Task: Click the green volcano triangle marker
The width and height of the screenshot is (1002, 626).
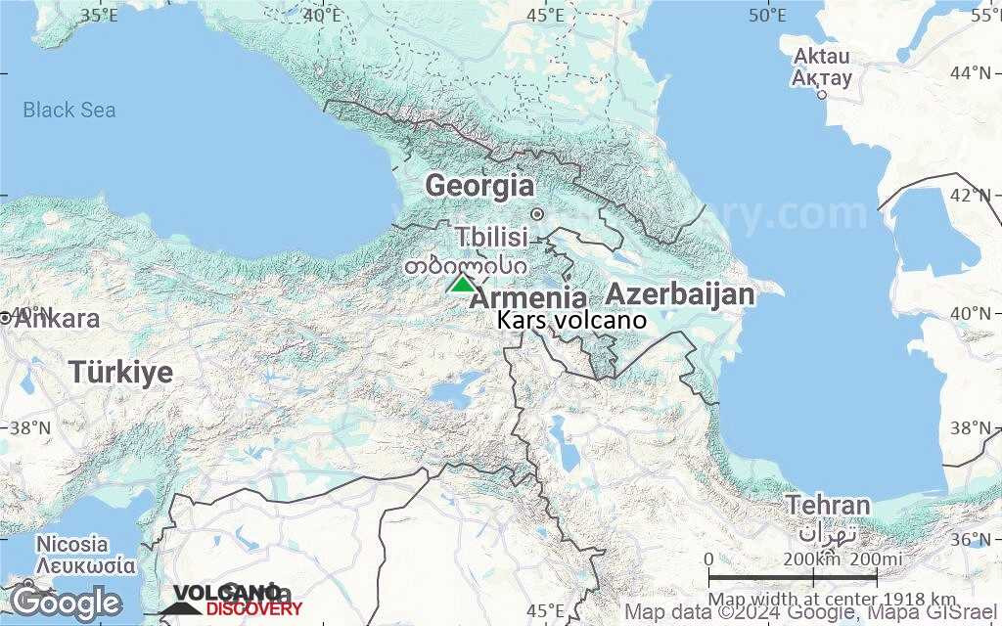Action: (461, 284)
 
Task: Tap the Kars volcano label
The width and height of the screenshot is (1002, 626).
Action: (571, 320)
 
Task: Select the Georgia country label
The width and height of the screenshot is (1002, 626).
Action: (479, 185)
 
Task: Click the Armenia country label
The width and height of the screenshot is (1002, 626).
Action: (529, 298)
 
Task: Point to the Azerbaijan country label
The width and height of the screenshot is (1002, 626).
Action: (680, 293)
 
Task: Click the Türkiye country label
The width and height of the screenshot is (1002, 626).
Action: (121, 372)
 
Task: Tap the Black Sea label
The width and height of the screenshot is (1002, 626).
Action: (69, 110)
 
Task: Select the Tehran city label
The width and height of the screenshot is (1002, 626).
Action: (827, 506)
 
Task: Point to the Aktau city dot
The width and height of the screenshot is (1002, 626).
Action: (822, 95)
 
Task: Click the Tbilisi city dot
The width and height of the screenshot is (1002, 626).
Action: (536, 214)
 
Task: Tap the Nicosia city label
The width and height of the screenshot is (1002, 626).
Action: (71, 544)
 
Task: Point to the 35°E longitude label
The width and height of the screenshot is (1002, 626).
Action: (99, 15)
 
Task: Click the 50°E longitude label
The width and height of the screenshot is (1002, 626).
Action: (767, 15)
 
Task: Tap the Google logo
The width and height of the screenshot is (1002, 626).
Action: (66, 603)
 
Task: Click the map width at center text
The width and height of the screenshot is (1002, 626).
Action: (833, 599)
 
